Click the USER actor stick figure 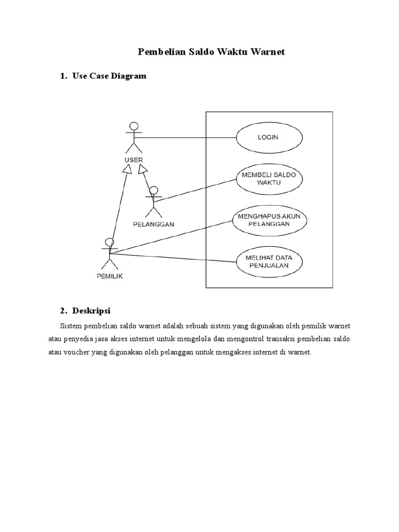tap(134, 137)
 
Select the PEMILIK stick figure tap(109, 254)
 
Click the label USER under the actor tap(134, 160)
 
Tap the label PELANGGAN tap(153, 224)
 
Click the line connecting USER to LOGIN tap(187, 138)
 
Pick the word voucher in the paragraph tap(76, 352)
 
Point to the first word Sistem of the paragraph tap(71, 326)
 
